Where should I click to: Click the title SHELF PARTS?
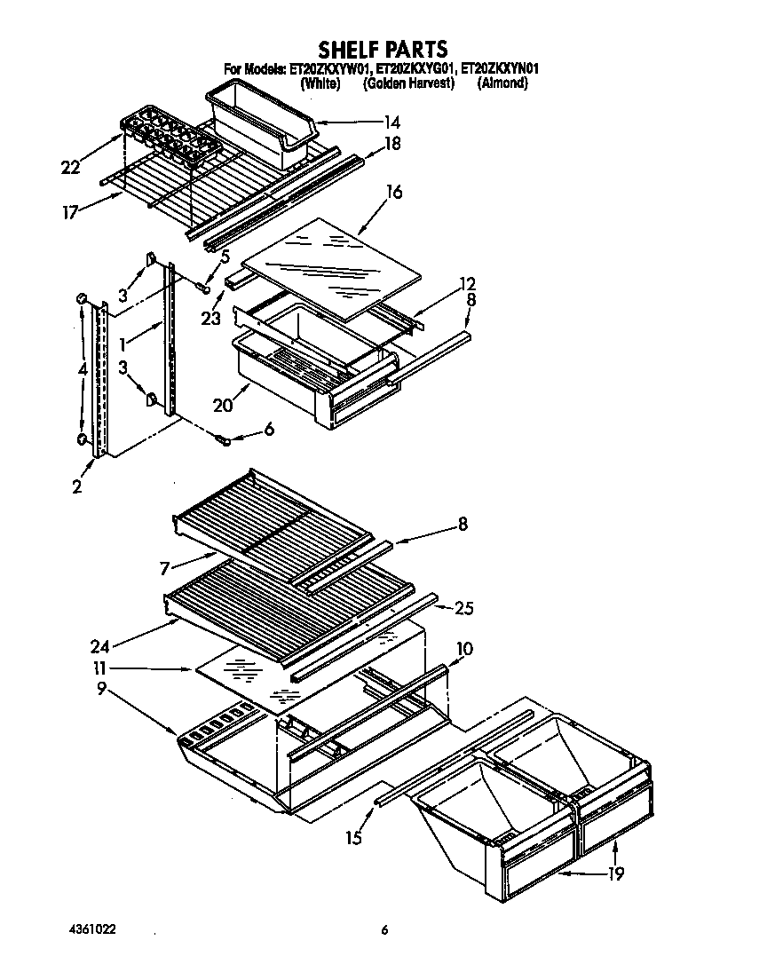[383, 49]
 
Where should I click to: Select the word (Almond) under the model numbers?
[502, 83]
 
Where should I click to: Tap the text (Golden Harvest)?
[409, 83]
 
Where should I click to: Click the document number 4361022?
[92, 929]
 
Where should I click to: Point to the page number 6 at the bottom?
[384, 930]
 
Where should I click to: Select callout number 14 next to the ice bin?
[391, 122]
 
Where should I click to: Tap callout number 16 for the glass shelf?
[394, 191]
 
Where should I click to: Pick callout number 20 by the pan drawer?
[223, 406]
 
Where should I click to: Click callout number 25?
[463, 609]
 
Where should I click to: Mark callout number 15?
[354, 837]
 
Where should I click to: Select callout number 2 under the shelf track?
[77, 486]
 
